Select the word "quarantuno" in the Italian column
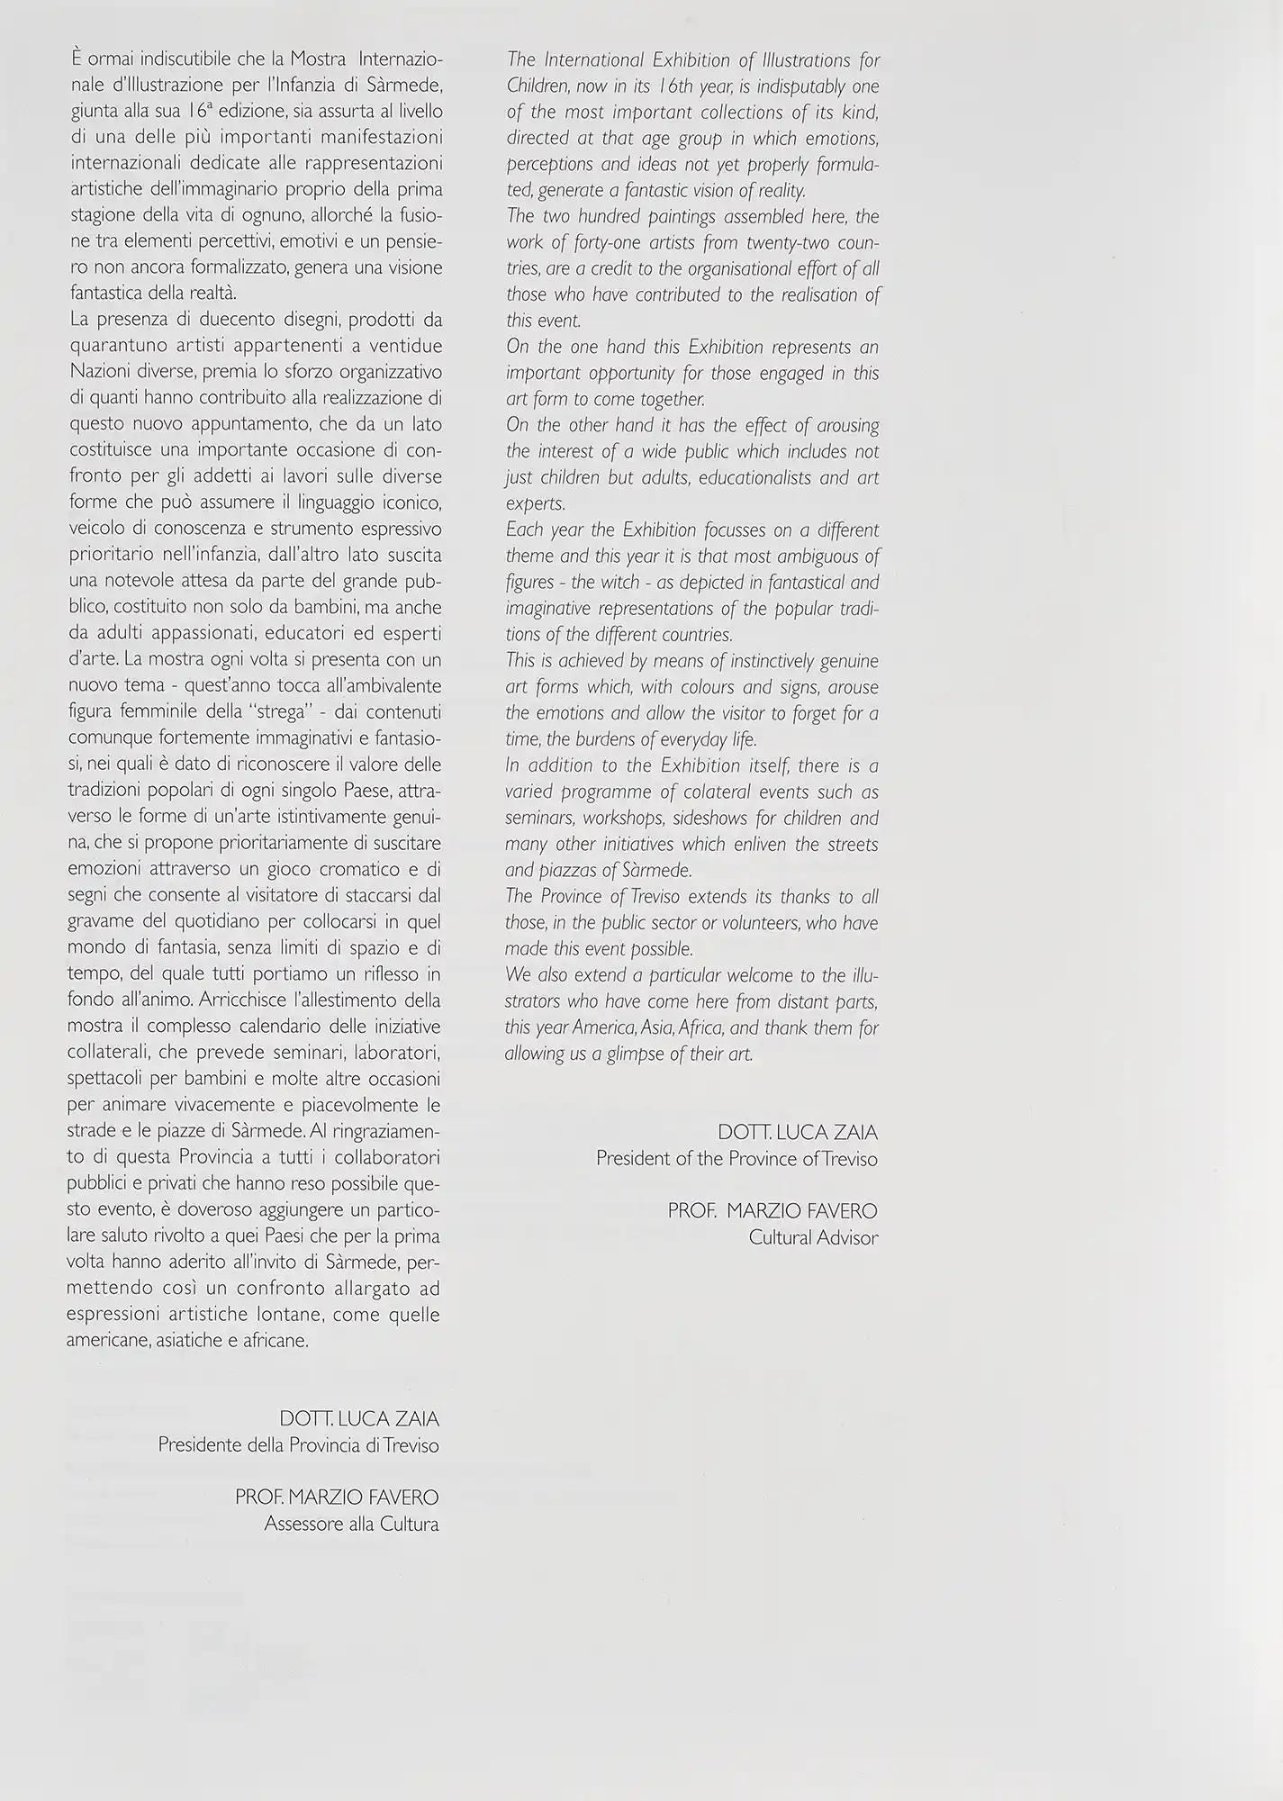coord(113,347)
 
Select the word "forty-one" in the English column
coord(597,243)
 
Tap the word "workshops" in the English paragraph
coord(626,819)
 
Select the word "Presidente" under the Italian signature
coord(200,1445)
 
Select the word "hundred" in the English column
coord(613,217)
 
